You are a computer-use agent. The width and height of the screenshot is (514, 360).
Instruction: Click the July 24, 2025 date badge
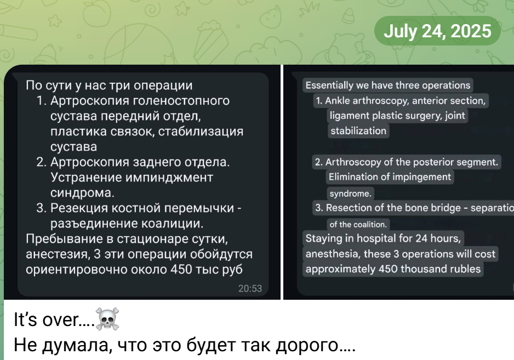[437, 31]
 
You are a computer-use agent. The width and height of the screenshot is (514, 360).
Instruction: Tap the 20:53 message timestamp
[250, 289]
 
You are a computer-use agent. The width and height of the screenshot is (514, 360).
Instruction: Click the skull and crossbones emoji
[107, 319]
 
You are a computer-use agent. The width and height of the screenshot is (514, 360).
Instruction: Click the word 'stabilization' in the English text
[358, 131]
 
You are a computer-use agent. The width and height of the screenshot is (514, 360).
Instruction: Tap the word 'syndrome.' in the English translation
[350, 193]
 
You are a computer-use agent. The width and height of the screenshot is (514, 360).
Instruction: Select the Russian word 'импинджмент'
[169, 178]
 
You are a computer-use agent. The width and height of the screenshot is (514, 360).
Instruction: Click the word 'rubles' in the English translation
[465, 269]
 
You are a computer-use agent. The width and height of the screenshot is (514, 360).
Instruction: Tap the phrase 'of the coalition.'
[358, 224]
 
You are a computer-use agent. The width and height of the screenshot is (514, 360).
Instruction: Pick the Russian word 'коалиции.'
[173, 224]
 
